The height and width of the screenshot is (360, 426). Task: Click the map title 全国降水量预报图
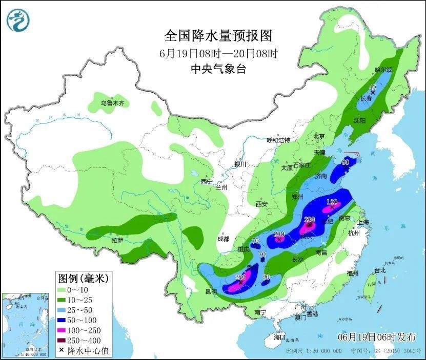217,35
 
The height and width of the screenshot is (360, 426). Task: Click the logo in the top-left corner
18,19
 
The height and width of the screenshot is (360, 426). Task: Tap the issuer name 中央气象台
217,69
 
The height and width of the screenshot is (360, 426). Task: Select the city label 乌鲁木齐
112,103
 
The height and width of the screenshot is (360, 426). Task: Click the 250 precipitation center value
240,277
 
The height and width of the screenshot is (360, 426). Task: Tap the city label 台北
379,270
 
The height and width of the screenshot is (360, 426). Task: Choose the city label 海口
279,337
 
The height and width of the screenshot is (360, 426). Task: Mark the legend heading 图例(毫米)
82,279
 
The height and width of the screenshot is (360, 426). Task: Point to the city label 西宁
206,182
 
